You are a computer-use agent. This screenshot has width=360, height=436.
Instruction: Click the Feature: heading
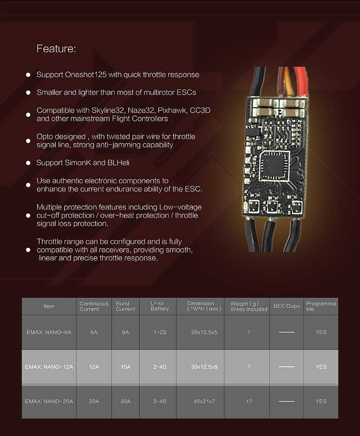click(x=56, y=49)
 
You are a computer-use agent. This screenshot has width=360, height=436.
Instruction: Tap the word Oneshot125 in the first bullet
click(x=85, y=75)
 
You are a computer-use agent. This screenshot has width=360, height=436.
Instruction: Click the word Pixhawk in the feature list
click(x=172, y=110)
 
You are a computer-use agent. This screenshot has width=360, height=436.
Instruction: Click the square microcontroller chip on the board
click(x=273, y=166)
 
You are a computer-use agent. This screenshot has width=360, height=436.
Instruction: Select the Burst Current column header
click(x=125, y=306)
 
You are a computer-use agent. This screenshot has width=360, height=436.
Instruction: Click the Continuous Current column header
click(x=94, y=306)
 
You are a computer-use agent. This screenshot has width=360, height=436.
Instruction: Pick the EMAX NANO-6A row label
click(x=49, y=332)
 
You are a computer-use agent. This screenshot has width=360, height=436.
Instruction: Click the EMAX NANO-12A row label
click(x=49, y=367)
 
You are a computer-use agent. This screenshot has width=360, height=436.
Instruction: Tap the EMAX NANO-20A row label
click(x=49, y=401)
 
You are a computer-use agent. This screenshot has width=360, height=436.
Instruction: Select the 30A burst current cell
click(x=125, y=401)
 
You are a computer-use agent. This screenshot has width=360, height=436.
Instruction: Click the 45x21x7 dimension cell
click(x=204, y=401)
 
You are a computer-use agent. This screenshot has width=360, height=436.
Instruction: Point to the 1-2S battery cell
click(x=160, y=332)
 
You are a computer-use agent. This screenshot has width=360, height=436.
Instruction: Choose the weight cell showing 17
click(x=249, y=401)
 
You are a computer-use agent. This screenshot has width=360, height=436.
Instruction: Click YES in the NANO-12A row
click(x=321, y=367)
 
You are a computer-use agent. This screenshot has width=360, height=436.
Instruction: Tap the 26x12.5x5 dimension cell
click(x=204, y=332)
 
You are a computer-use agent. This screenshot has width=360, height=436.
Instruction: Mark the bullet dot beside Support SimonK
click(x=28, y=163)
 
